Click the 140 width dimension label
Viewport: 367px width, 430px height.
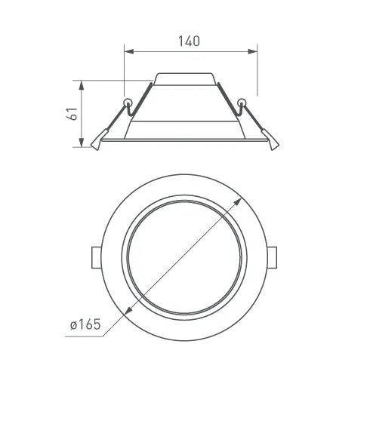(189, 41)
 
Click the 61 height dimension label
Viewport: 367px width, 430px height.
(72, 113)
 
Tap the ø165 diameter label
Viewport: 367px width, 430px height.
(85, 324)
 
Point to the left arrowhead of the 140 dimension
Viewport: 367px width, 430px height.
(129, 51)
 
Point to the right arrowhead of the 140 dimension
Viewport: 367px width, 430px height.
(252, 51)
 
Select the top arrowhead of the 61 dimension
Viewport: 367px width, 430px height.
(82, 85)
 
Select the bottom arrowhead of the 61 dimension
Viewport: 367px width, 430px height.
(82, 143)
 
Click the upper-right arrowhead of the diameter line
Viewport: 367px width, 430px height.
(237, 202)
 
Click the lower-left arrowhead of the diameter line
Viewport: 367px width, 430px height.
(128, 310)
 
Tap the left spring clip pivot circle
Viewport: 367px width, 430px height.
(128, 103)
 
